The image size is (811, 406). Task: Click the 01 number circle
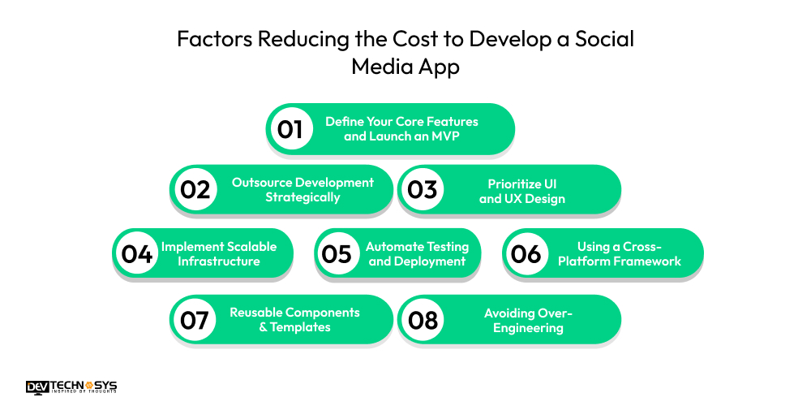coord(290,128)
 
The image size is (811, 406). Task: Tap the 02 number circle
coord(195,190)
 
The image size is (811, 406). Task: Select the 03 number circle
coord(423,190)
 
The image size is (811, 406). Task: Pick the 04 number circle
coord(137,253)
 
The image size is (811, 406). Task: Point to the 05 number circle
coord(336,253)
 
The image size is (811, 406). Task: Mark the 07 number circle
coord(195,320)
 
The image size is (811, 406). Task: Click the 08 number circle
coord(423,320)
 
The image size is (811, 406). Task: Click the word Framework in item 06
coord(649,261)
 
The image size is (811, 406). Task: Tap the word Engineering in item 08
coord(528,328)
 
